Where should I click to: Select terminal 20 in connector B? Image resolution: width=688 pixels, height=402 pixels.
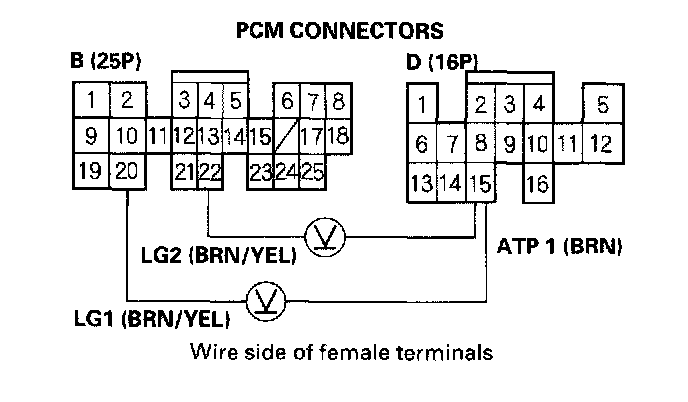[125, 171]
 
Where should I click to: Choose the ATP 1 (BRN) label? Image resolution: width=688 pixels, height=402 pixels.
[560, 244]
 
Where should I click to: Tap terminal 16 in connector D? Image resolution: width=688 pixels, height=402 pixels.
[536, 183]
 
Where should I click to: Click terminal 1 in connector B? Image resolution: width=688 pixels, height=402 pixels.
[90, 99]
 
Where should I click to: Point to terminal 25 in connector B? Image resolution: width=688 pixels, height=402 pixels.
[311, 171]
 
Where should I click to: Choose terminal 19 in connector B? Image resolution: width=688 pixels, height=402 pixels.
[90, 171]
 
